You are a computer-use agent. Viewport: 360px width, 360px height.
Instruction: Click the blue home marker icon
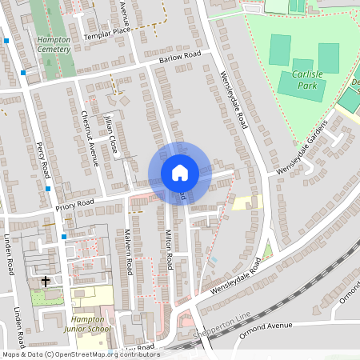tap(180, 173)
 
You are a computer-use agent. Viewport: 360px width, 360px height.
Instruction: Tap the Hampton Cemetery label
tap(53, 43)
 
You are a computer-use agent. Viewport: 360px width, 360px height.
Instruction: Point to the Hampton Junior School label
tap(87, 324)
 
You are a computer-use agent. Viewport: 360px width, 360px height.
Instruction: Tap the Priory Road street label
tap(74, 205)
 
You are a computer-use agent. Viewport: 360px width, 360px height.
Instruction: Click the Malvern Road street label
tap(127, 253)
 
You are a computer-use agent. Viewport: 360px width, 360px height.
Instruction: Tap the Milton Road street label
tap(170, 249)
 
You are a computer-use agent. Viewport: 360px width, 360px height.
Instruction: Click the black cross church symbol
tap(46, 281)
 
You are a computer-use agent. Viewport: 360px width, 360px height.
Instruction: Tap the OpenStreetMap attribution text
tap(80, 354)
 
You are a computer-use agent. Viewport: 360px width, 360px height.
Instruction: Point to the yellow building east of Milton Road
tap(247, 203)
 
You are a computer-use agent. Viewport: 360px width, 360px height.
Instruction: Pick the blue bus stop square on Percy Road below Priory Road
tap(64, 237)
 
